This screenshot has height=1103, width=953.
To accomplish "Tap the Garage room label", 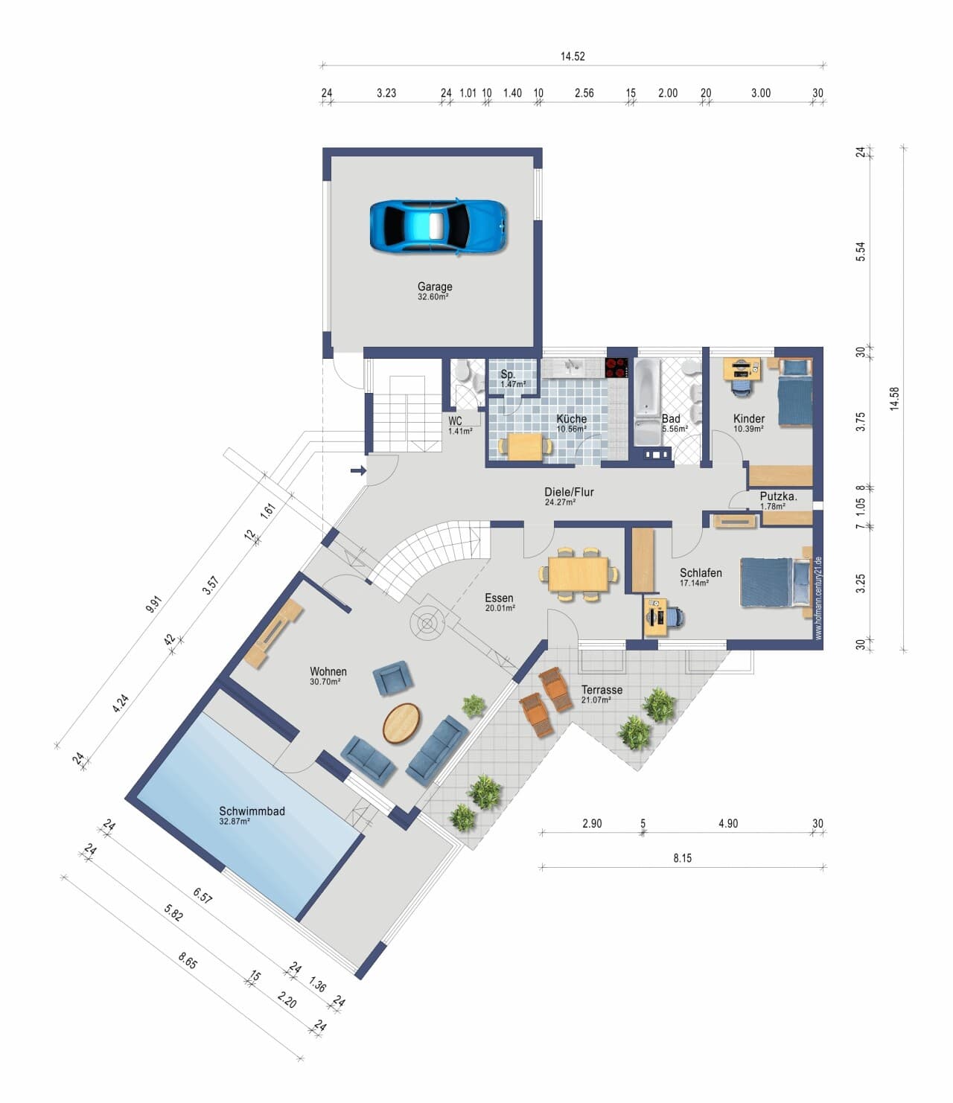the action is [435, 287].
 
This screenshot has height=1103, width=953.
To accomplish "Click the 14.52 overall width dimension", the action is [573, 57].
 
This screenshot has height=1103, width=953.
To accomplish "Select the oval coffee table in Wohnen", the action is [401, 723].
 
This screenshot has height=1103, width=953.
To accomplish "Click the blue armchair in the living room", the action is [392, 678].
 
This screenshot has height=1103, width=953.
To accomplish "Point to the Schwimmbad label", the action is [252, 811].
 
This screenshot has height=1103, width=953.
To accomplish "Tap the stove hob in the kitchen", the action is [616, 368].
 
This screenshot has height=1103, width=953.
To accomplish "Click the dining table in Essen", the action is [579, 574].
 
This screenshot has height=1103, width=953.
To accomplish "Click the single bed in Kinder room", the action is [795, 393].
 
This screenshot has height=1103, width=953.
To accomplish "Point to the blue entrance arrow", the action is [358, 470].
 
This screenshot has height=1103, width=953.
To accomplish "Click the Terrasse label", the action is [602, 690].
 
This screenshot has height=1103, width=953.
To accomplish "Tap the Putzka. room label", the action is [779, 496].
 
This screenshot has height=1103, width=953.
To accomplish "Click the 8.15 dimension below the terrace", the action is [682, 858].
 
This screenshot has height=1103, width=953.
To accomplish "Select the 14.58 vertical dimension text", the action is [895, 399].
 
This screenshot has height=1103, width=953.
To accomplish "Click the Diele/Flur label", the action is [569, 492].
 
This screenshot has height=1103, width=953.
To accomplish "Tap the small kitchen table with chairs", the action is [525, 447].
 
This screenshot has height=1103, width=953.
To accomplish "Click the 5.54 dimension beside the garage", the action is [860, 252].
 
